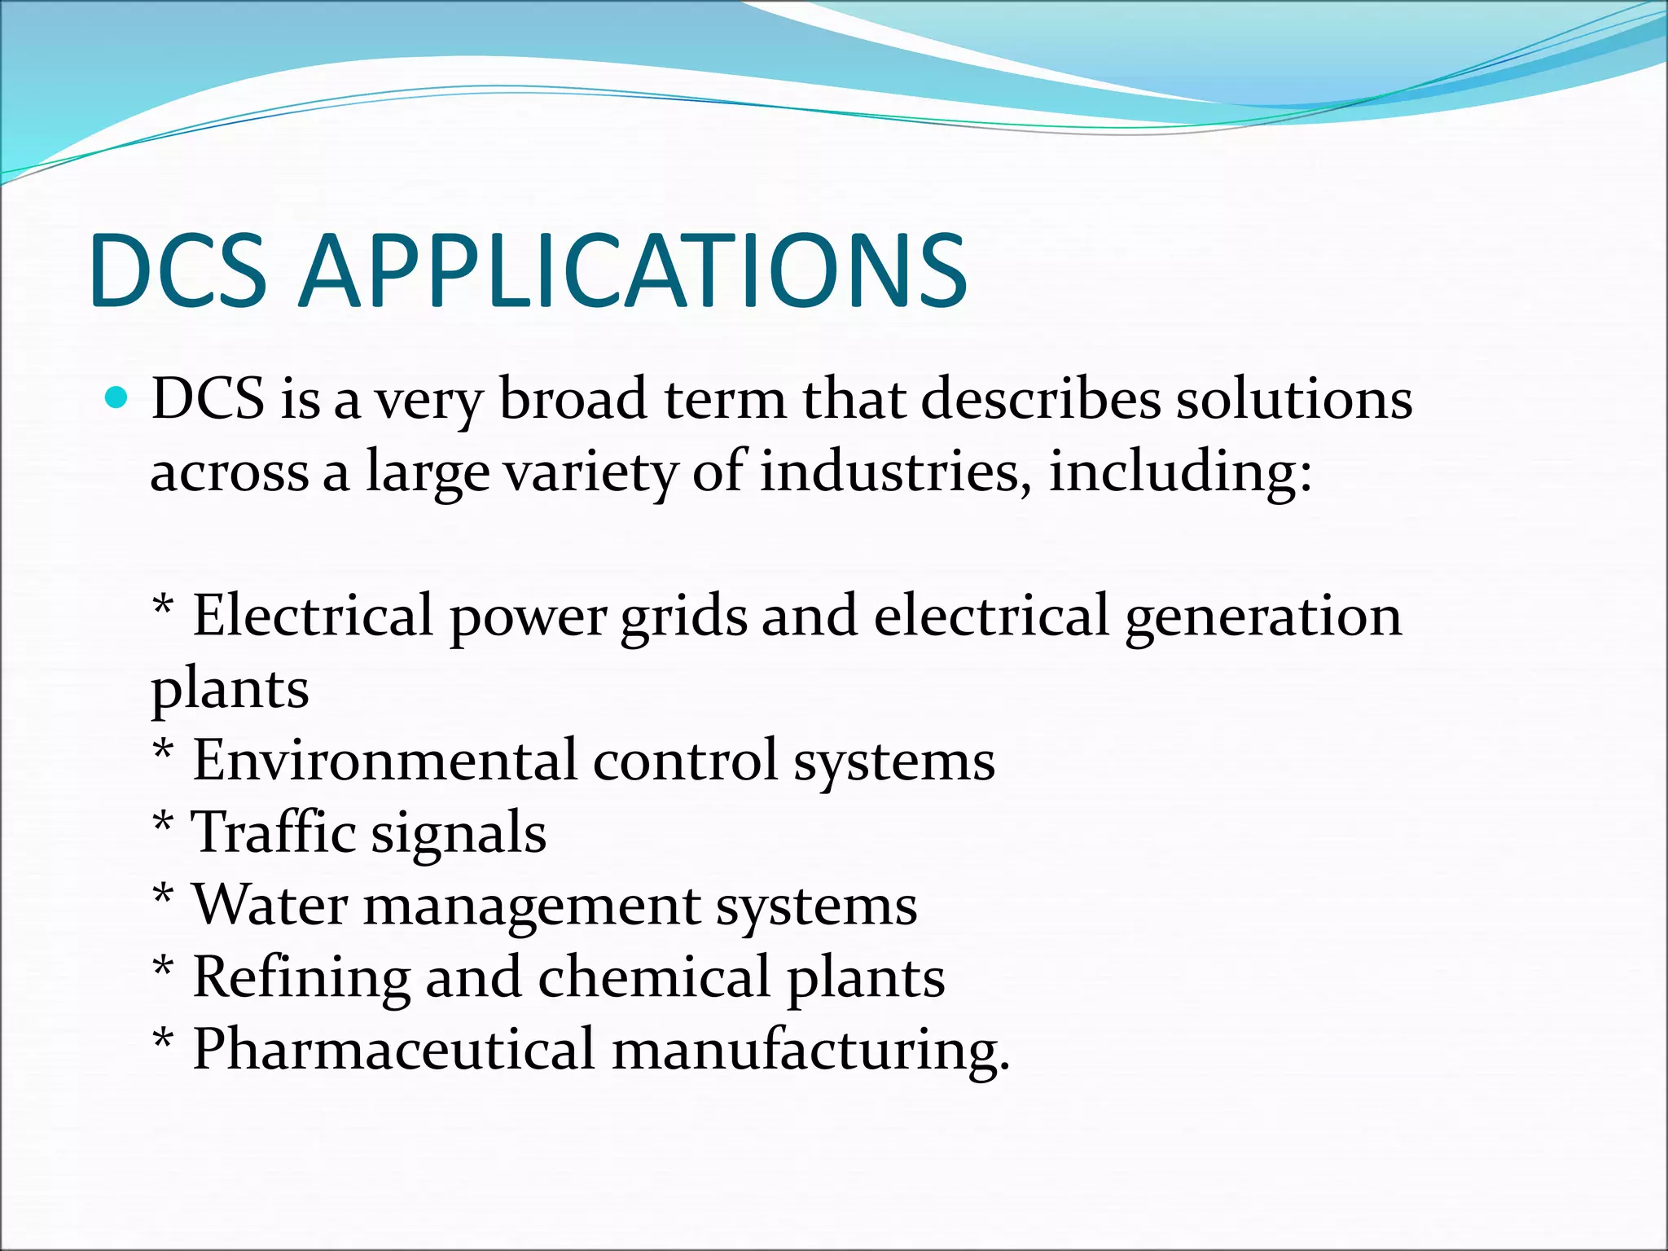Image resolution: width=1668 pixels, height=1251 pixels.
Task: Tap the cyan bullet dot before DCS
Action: pyautogui.click(x=117, y=398)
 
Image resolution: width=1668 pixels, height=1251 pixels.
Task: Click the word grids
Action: pyautogui.click(x=683, y=617)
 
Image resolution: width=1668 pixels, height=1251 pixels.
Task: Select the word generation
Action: pyautogui.click(x=1263, y=617)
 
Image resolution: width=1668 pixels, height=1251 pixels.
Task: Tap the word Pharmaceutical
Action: pyautogui.click(x=393, y=1049)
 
